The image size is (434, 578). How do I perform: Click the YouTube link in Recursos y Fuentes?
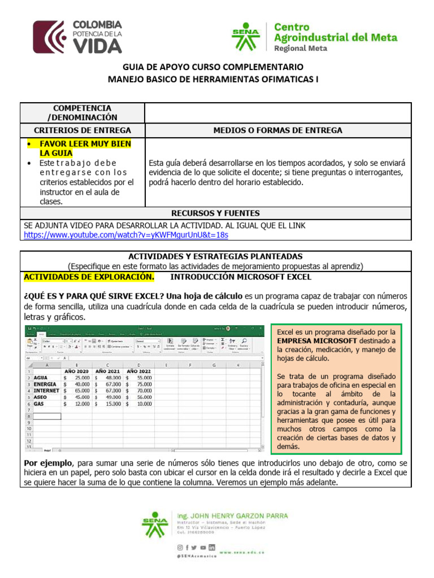(x=126, y=235)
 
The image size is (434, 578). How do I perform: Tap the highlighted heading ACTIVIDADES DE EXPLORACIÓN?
(x=89, y=277)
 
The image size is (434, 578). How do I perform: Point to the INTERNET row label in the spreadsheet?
(x=46, y=390)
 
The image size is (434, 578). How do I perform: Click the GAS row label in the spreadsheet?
(x=39, y=404)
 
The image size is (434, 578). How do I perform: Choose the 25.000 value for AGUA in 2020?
(x=79, y=377)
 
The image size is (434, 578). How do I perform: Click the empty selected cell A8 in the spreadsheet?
(x=47, y=417)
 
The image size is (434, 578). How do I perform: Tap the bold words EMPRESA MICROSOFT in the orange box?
(x=316, y=341)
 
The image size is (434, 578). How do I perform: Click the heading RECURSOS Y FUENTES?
(x=215, y=213)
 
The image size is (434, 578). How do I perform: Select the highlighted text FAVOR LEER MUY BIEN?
(x=85, y=144)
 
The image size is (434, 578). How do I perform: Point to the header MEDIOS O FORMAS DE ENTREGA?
(x=277, y=130)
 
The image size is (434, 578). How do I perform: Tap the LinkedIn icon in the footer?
(x=211, y=548)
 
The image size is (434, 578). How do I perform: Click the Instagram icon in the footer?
(x=180, y=548)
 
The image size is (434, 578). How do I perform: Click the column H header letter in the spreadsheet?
(x=239, y=365)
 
